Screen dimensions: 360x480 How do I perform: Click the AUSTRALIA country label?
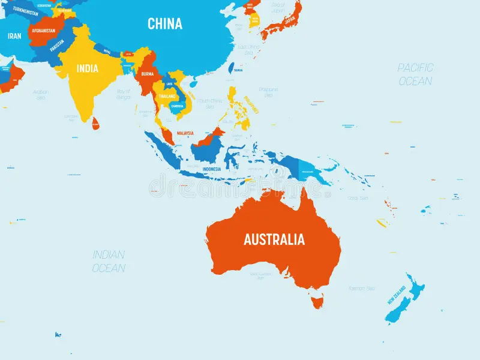tap(274, 239)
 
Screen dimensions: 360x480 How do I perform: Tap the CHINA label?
tap(165, 24)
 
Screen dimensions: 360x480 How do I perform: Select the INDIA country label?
tap(86, 68)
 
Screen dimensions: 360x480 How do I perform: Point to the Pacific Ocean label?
tap(415, 74)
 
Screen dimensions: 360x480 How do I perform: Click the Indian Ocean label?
tap(109, 261)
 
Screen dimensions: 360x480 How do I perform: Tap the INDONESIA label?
tap(211, 169)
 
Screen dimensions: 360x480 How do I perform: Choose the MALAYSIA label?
tap(185, 133)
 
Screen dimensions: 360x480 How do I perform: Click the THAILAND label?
tap(167, 96)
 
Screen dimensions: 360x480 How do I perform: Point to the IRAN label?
tap(14, 36)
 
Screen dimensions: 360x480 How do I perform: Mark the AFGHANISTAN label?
tap(43, 31)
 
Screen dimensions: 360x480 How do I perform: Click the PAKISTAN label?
tap(57, 46)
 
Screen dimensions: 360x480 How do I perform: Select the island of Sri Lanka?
tap(95, 124)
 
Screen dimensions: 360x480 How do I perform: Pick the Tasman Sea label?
tap(361, 289)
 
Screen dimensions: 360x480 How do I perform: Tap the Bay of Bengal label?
tap(124, 93)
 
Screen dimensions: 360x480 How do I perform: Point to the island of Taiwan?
tap(231, 67)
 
